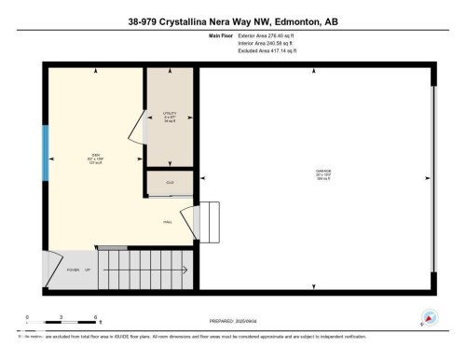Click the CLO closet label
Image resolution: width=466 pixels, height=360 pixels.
(170, 182)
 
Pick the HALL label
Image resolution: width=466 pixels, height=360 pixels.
(169, 221)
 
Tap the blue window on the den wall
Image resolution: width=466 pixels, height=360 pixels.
(44, 155)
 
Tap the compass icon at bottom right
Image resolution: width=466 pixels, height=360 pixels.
(430, 316)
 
